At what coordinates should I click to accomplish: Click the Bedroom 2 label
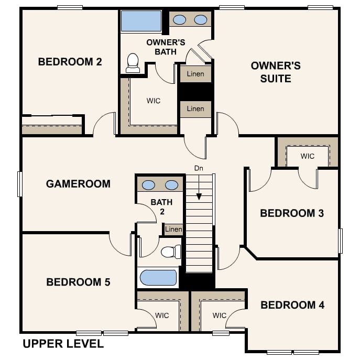(70, 62)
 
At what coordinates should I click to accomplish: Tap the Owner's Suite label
(276, 72)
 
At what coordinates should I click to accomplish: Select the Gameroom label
(78, 184)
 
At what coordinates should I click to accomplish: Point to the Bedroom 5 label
(78, 282)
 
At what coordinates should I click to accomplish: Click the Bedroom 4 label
(292, 305)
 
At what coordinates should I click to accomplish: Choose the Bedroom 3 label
(292, 213)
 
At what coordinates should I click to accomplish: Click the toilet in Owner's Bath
(133, 63)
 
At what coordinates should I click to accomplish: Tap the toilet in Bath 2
(171, 252)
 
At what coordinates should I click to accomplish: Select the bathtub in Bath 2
(158, 278)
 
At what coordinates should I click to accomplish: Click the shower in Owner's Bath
(141, 21)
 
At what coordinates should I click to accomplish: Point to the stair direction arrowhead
(199, 197)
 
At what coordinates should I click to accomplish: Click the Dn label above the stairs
(199, 168)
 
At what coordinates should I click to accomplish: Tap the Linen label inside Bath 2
(173, 229)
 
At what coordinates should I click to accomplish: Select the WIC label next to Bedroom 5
(162, 315)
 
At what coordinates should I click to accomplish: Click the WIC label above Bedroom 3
(308, 156)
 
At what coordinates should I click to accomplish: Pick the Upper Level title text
(63, 344)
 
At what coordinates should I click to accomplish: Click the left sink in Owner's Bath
(179, 20)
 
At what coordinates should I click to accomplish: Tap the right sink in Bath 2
(171, 185)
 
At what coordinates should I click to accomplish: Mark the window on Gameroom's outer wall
(20, 184)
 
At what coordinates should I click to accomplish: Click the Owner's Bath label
(166, 47)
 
